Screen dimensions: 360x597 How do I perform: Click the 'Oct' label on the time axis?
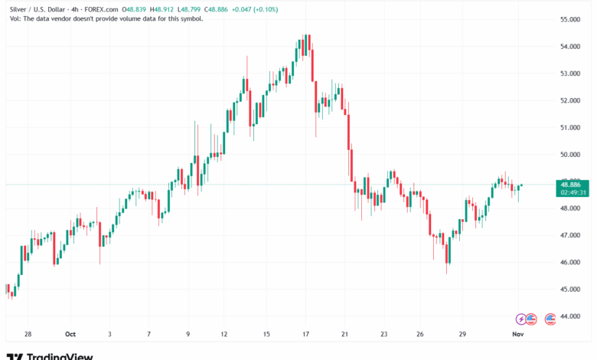point(70,335)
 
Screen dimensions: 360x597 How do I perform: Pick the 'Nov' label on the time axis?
point(517,335)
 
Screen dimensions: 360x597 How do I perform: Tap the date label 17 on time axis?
point(305,335)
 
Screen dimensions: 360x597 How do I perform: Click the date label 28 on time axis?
point(28,335)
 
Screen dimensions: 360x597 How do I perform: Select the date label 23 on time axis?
point(384,335)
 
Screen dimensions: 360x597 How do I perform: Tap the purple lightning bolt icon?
point(523,318)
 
